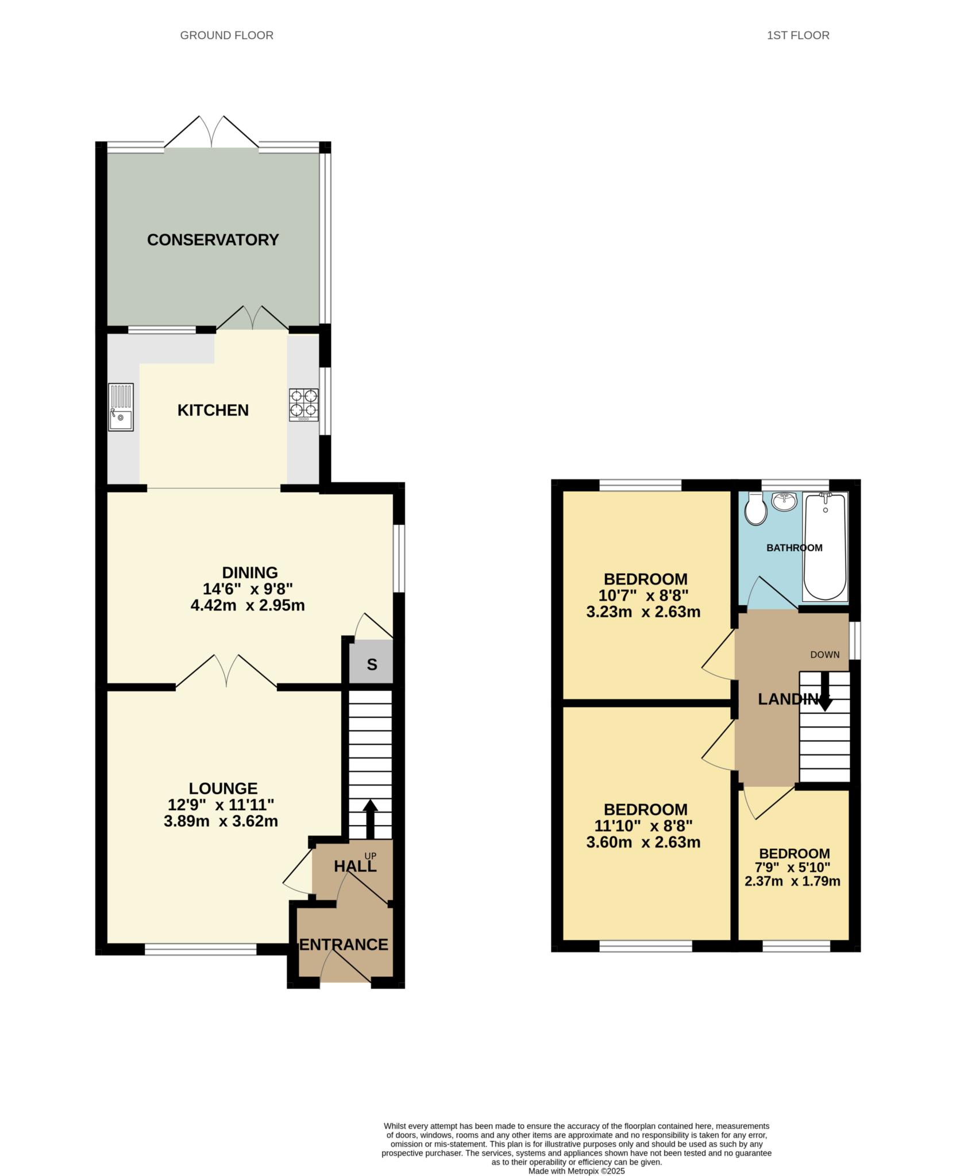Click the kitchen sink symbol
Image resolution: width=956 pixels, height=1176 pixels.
(x=121, y=407)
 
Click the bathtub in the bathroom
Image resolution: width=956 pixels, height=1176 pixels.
(x=826, y=546)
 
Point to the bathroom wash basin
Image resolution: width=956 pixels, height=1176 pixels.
(x=784, y=501)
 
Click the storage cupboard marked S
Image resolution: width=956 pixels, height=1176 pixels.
(x=372, y=664)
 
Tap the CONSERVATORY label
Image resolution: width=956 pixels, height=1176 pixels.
(x=213, y=240)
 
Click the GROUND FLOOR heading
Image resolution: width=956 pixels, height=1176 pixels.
(x=226, y=36)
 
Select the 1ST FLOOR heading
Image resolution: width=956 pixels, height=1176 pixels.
(x=798, y=36)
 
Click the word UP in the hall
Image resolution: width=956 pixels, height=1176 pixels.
(x=371, y=856)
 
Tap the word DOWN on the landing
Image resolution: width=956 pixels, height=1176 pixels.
(x=824, y=655)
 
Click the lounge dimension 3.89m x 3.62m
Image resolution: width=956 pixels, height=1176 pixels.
(x=221, y=822)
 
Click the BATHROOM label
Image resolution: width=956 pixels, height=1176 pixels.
(x=794, y=548)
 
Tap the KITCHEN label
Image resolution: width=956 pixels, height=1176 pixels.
(x=213, y=411)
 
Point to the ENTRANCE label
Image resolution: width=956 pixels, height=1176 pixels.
(x=344, y=944)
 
